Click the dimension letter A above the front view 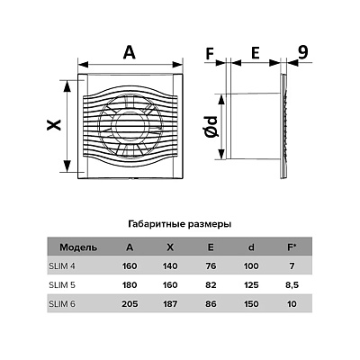coord(130,53)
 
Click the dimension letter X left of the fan coord(54,125)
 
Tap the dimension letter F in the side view coord(210,54)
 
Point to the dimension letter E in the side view coord(255,53)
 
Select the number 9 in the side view coord(303,53)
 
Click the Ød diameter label coord(211,127)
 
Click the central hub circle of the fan coord(130,126)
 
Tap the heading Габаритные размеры coord(180,224)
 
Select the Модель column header coord(78,247)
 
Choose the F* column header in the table coord(292,247)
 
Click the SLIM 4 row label coord(62,265)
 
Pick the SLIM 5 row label coord(62,284)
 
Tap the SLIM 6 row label coord(62,303)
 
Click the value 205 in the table coord(130,304)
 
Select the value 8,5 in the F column coord(292,285)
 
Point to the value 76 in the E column coord(211,266)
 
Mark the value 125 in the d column coord(251,285)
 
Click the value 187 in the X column coord(170,304)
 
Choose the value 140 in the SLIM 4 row coord(170,266)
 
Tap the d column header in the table coord(251,247)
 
